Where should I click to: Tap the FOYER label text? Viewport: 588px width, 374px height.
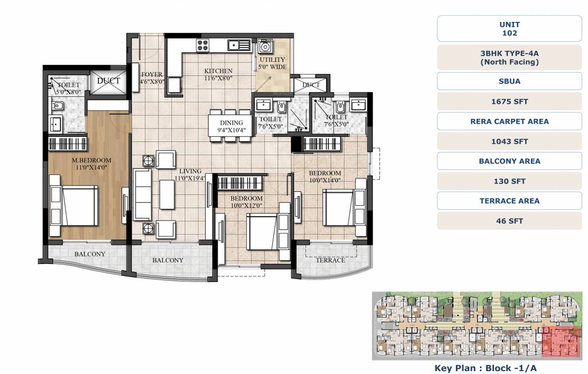(152, 75)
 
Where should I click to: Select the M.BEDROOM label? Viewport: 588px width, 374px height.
(92, 160)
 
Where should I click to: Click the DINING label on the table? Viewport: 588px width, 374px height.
(231, 123)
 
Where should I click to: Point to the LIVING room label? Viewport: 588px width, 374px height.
(190, 171)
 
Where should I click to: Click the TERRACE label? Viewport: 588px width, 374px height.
(330, 260)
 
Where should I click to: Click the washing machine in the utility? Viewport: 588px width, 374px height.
(266, 47)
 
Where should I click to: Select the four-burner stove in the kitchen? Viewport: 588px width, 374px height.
(203, 45)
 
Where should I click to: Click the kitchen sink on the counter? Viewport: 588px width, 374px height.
(239, 45)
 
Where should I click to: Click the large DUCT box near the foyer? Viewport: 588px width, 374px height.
(108, 81)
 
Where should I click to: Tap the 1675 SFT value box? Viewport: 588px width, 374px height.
(509, 101)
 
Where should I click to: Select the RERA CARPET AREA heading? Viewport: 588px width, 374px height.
(509, 121)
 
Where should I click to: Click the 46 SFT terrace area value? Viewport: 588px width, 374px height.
(509, 221)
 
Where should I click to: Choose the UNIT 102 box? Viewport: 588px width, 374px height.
(509, 29)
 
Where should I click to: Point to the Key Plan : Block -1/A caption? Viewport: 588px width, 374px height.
(485, 368)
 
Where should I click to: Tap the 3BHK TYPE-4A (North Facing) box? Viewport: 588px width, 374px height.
(509, 57)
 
